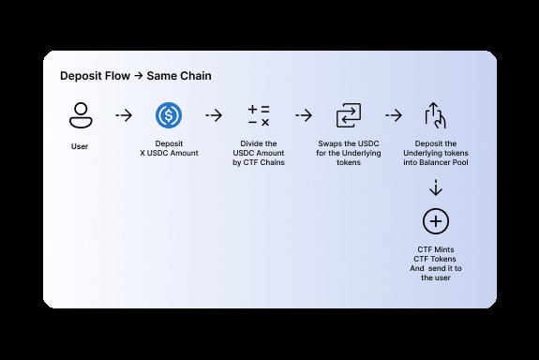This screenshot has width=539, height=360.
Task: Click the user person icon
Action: [80, 116]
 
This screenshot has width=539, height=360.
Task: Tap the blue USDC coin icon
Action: [169, 116]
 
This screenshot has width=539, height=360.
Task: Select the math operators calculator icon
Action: [259, 116]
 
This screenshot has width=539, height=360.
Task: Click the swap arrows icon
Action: [348, 116]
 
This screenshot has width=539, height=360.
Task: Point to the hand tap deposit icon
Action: [436, 116]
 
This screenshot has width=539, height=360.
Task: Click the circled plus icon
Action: [436, 222]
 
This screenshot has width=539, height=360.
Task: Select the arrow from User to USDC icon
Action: [124, 116]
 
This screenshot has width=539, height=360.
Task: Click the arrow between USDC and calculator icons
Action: [214, 116]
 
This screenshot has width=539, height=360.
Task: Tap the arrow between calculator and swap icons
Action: [304, 116]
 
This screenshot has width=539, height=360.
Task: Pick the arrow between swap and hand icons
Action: [394, 116]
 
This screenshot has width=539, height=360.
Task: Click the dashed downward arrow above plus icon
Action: [436, 187]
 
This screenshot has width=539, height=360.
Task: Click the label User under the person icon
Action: [80, 146]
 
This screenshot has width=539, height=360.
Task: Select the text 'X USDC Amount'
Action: [169, 153]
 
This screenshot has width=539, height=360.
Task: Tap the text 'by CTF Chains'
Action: [259, 162]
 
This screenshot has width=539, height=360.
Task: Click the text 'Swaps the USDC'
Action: [348, 143]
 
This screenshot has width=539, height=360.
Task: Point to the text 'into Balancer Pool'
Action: [436, 162]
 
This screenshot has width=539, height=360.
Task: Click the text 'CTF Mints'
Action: [436, 248]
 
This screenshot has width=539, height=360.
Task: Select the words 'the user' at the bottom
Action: [436, 277]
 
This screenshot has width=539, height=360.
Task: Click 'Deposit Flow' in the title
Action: [95, 75]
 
